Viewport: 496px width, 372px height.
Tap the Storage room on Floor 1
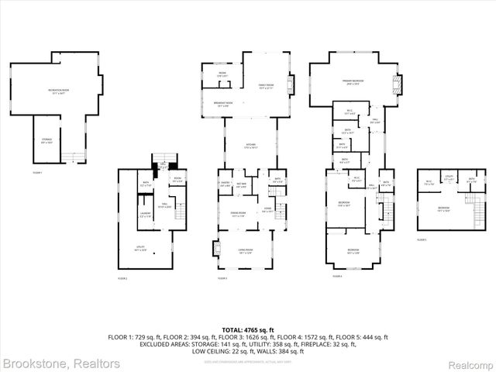click(x=46, y=140)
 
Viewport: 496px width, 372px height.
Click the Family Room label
click(x=265, y=85)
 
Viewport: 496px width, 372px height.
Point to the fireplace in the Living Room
click(x=215, y=250)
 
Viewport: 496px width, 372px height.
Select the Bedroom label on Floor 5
click(x=443, y=209)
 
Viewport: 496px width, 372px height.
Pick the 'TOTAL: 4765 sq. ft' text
click(x=248, y=330)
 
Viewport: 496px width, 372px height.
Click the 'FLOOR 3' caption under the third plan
click(x=222, y=277)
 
